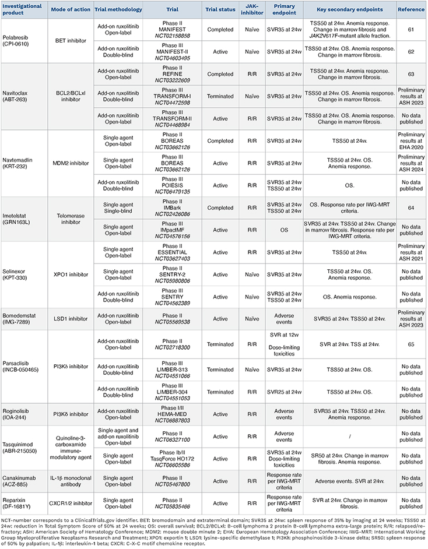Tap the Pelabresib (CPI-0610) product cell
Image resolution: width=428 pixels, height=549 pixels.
[23, 42]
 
